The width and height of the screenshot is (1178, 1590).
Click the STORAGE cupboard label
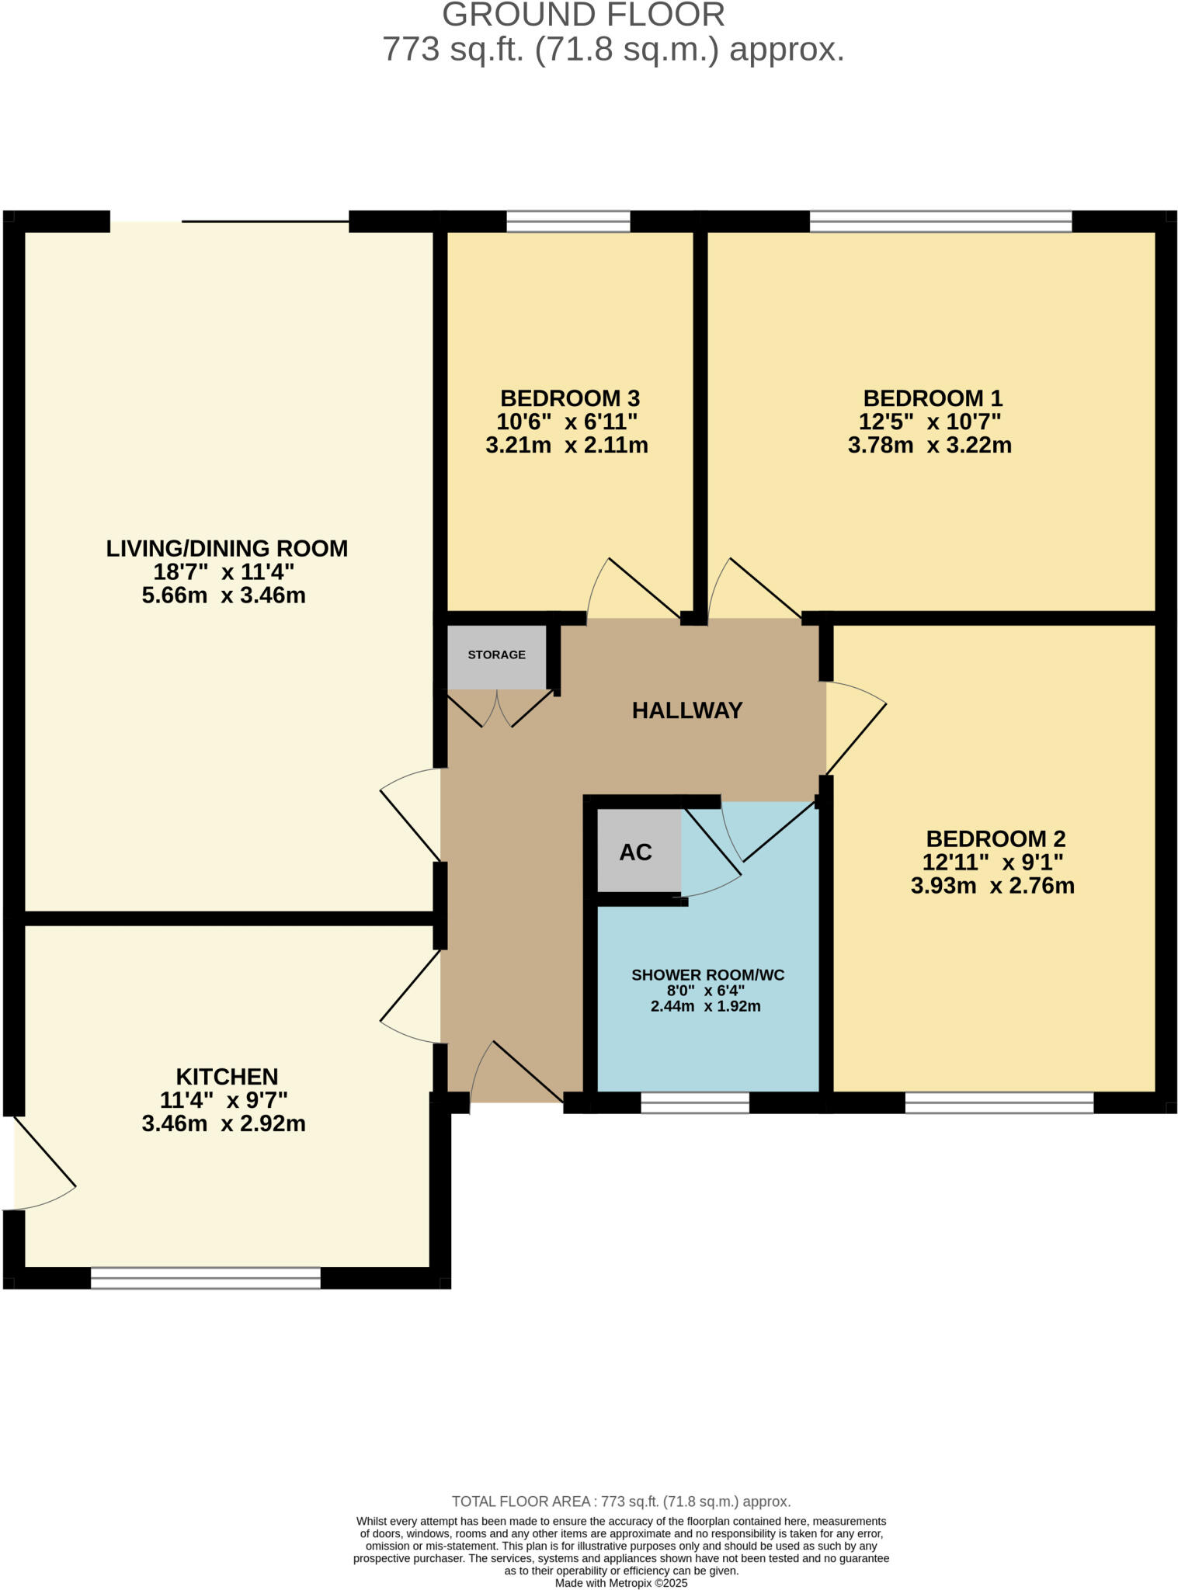[496, 654]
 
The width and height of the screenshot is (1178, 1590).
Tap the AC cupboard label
[635, 852]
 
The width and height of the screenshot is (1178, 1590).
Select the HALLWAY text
[686, 710]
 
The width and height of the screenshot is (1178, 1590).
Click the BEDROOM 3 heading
[569, 398]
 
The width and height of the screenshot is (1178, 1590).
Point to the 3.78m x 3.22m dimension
[930, 446]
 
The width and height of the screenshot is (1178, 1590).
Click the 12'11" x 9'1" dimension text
[992, 863]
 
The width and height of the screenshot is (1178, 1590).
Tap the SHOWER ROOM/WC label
[707, 975]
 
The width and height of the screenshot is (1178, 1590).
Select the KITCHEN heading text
[227, 1077]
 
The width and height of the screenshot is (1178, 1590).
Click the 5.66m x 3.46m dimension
[224, 596]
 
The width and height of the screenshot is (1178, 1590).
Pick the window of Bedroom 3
[568, 222]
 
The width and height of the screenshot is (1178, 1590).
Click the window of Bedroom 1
[940, 222]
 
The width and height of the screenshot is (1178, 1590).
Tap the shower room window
[694, 1102]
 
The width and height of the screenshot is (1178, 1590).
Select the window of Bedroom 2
[999, 1102]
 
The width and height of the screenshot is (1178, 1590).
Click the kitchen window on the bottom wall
[206, 1278]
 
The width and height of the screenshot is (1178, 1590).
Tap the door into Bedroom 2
[854, 730]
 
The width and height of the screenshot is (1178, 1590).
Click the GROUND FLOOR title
[583, 16]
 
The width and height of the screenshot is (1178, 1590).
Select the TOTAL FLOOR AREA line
[620, 1501]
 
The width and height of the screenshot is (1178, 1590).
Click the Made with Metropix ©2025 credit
[620, 1583]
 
